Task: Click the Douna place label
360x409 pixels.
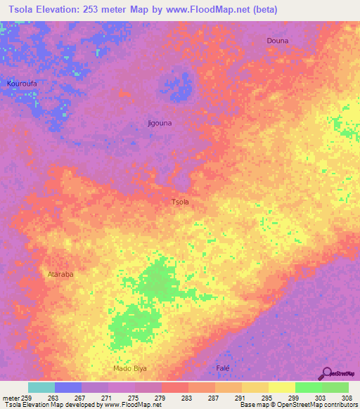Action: [x=277, y=41]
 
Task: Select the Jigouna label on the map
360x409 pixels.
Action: [x=160, y=123]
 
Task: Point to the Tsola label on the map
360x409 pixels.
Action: [x=180, y=202]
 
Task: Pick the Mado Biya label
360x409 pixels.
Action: [x=130, y=368]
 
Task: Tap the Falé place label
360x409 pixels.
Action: [x=223, y=368]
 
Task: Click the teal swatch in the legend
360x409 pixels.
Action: [x=41, y=387]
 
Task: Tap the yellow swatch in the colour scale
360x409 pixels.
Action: [x=282, y=387]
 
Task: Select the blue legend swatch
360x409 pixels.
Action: [x=68, y=387]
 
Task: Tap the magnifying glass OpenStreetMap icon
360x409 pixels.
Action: [x=327, y=374]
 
